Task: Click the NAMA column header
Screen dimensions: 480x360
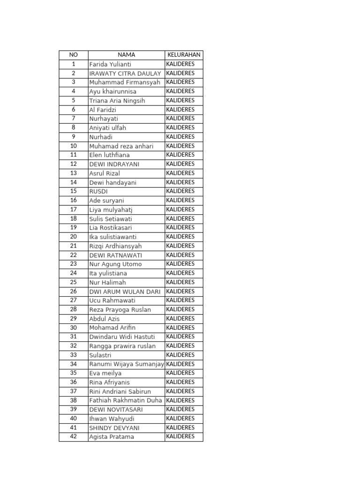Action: coord(127,55)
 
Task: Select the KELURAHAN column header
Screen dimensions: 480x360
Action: coord(184,55)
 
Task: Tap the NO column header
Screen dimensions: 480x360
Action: coord(74,55)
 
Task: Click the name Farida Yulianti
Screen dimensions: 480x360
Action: coord(110,64)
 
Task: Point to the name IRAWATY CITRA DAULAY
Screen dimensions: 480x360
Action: coord(125,73)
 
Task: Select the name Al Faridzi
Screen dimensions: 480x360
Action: coord(103,110)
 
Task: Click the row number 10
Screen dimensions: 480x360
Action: coord(74,146)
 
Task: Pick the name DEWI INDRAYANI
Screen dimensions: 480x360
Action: coord(114,164)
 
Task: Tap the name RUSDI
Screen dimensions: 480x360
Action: coord(98,191)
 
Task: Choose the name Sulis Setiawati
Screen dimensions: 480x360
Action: coord(111,218)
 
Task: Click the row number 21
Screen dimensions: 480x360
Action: coord(74,246)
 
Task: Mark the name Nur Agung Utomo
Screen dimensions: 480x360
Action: coord(115,264)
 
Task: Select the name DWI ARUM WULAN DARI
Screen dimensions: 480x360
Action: coord(125,291)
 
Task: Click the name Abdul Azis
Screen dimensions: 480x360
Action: coord(104,319)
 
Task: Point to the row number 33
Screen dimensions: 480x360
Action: coord(74,355)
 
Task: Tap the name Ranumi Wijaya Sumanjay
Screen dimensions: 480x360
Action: coord(127,364)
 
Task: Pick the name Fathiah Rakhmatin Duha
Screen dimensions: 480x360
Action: coord(126,400)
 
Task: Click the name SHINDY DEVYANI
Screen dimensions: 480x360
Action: coord(114,427)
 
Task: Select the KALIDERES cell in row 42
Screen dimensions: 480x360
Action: coord(180,436)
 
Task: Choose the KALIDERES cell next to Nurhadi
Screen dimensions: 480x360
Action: coord(180,137)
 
